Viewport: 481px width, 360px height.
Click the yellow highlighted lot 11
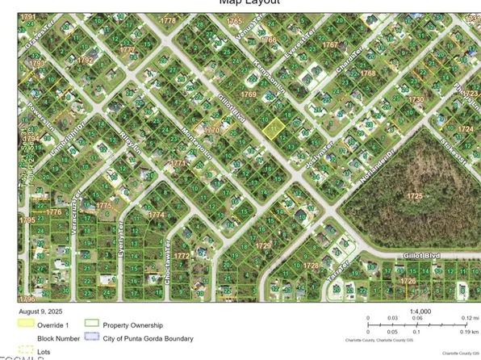pos(274,127)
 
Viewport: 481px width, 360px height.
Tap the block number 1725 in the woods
pos(415,196)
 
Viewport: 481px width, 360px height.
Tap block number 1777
pos(128,49)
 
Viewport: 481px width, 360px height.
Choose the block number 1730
pos(415,98)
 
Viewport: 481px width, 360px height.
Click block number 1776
pos(54,211)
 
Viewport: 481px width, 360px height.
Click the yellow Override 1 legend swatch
pos(27,323)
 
